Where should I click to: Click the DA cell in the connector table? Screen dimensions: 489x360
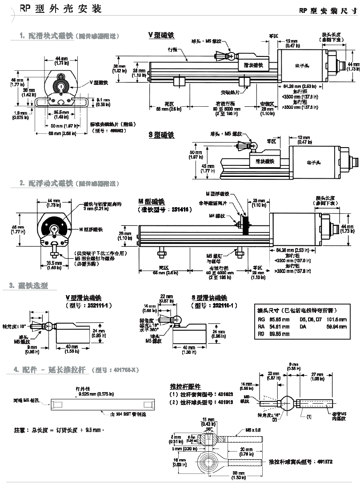pos(303,326)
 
